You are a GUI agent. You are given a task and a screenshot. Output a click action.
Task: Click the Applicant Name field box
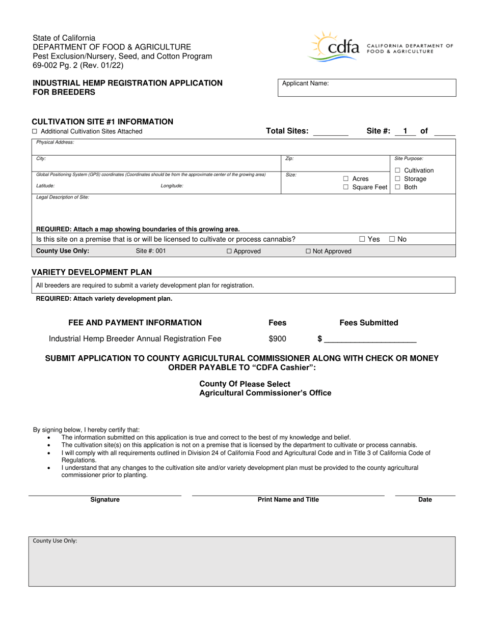[x=366, y=88]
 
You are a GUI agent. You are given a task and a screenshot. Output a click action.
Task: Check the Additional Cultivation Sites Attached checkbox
[x=35, y=131]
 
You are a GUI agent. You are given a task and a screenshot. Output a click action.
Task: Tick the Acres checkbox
[x=345, y=179]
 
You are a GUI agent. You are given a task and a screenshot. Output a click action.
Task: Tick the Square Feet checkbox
[x=345, y=187]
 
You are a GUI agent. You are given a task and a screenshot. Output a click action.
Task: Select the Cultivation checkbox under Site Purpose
[x=397, y=170]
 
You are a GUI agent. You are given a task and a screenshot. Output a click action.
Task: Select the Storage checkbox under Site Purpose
[x=397, y=179]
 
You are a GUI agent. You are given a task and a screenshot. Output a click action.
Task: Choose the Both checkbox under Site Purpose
[x=397, y=187]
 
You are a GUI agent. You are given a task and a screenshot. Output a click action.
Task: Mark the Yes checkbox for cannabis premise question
[x=362, y=239]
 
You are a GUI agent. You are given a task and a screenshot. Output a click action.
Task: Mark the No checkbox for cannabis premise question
[x=392, y=239]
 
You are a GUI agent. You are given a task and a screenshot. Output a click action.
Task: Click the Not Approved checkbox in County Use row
[x=308, y=251]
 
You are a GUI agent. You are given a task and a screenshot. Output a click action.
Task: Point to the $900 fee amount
[x=277, y=339]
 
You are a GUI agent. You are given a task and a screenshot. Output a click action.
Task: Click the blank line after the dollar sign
[x=370, y=339]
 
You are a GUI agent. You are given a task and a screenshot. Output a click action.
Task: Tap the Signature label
[x=105, y=500]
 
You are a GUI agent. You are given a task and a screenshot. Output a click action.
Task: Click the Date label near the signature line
[x=425, y=500]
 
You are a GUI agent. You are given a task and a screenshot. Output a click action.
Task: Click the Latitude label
[x=45, y=186]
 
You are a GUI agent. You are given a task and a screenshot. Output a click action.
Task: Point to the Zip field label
[x=289, y=159]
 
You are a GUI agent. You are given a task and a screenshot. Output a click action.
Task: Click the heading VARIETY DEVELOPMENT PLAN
[x=92, y=272]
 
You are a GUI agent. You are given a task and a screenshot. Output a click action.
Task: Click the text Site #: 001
[x=151, y=251]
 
